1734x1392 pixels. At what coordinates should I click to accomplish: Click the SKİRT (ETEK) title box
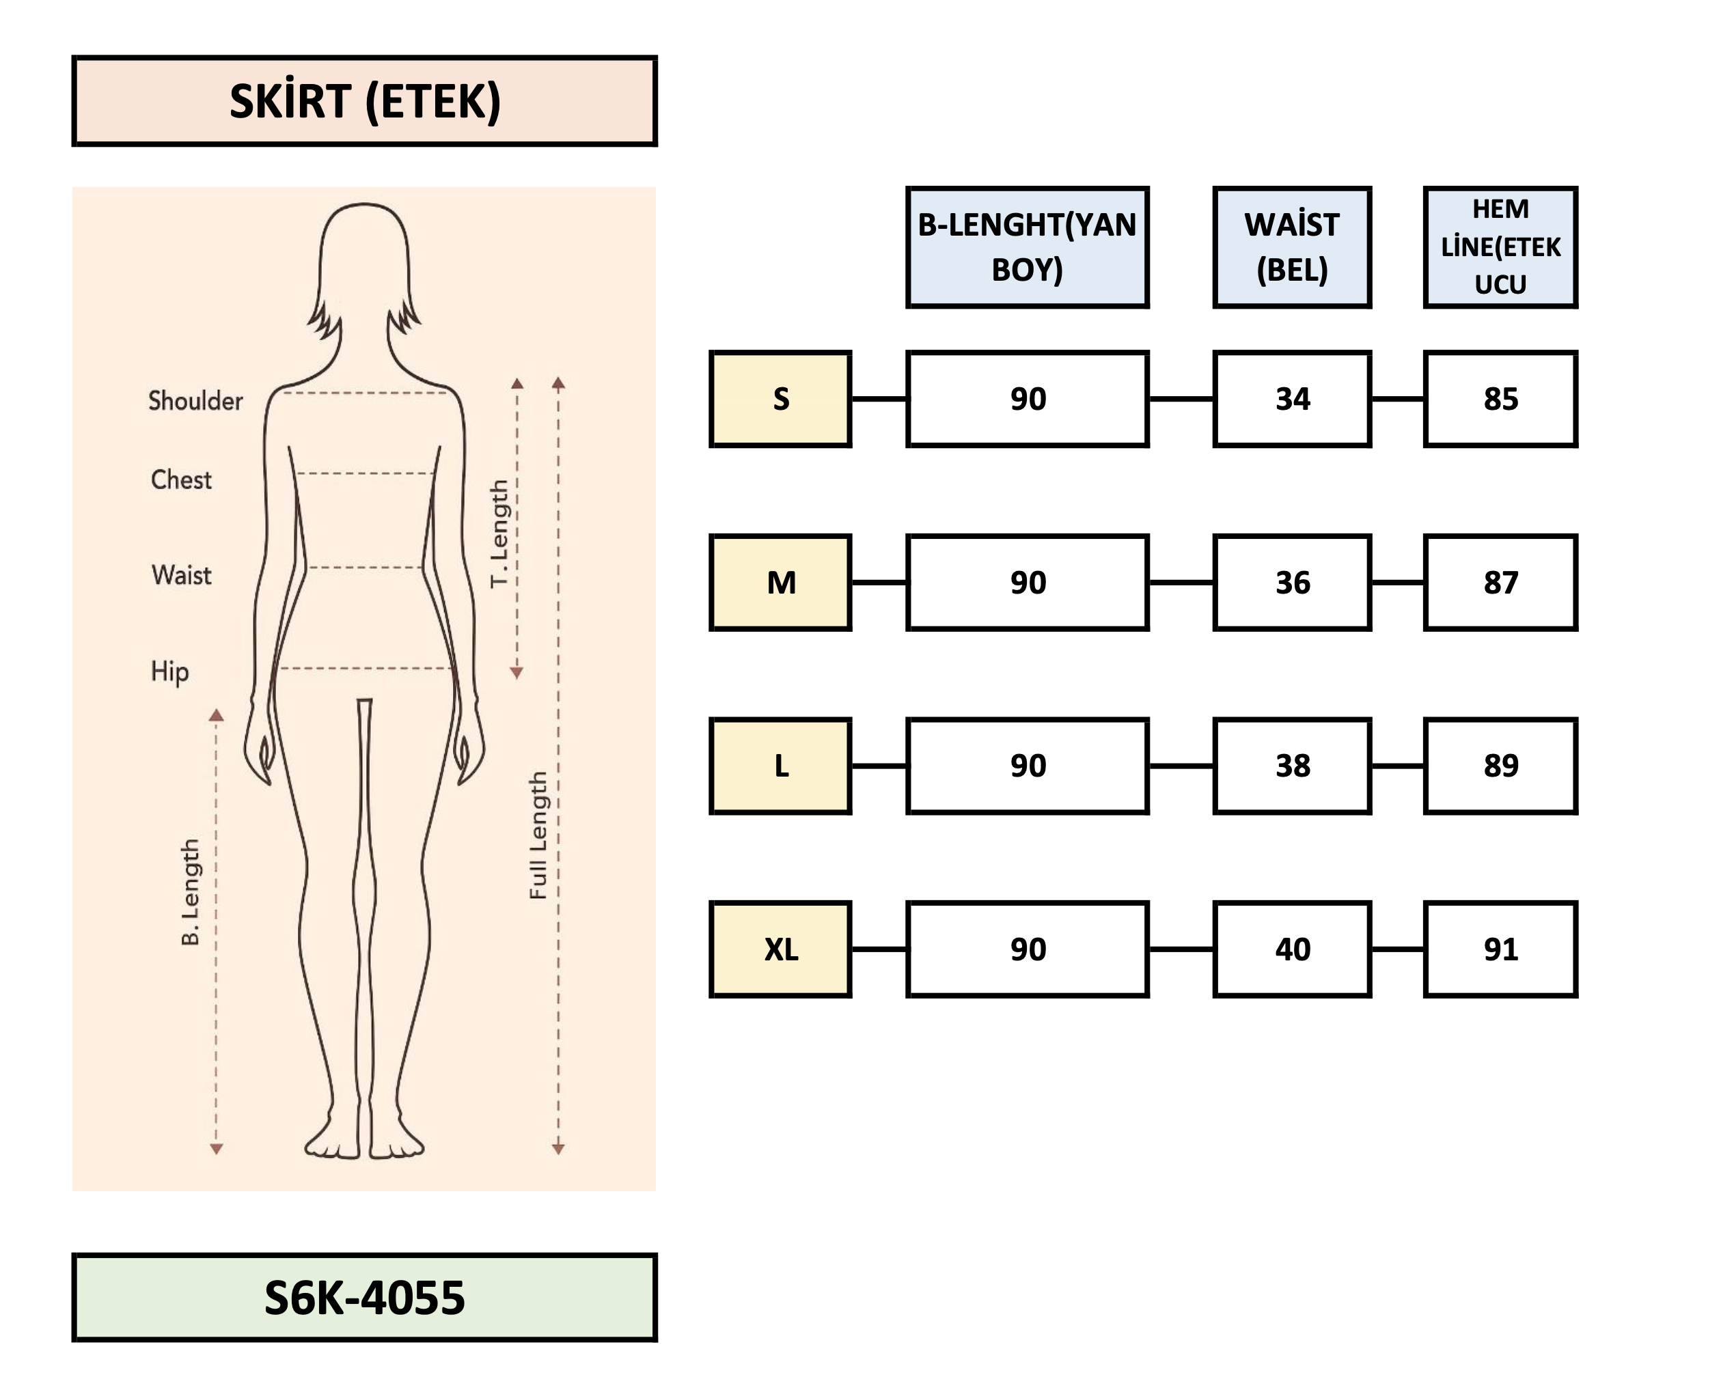click(364, 101)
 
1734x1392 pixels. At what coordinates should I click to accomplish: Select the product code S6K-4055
click(364, 1297)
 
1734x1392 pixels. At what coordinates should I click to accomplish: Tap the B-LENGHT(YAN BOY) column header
click(1027, 247)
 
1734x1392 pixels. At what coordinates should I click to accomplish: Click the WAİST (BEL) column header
click(1292, 247)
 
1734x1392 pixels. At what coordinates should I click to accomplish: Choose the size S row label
click(780, 399)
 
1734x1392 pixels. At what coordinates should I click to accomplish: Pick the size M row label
click(780, 582)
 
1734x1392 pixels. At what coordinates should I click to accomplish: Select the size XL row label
click(780, 949)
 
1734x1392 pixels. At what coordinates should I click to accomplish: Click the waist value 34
click(1292, 399)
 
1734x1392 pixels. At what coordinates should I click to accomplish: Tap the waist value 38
click(1292, 766)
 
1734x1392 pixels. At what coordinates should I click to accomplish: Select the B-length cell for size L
click(1027, 766)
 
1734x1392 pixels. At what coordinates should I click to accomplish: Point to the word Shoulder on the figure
click(195, 400)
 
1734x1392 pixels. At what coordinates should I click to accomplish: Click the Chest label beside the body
click(181, 480)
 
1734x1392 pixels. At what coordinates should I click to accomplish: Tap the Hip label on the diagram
click(169, 671)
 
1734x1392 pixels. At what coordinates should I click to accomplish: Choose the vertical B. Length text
click(191, 892)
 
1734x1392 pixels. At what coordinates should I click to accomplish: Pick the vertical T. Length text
click(499, 534)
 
